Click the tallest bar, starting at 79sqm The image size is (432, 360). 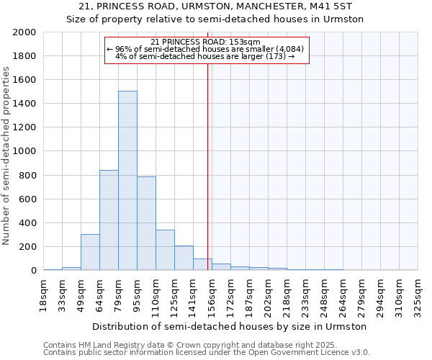127,181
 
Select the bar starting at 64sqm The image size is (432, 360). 109,220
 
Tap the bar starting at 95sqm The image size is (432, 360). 146,223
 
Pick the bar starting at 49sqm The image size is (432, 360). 90,252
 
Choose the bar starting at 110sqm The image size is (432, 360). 165,250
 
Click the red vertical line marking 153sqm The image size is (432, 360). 207,166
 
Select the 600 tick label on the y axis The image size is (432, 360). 28,199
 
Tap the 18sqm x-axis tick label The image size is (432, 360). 43,294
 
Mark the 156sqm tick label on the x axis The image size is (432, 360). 212,294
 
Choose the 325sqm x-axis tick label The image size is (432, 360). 418,294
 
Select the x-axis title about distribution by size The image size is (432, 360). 230,327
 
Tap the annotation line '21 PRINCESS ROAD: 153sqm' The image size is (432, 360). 206,42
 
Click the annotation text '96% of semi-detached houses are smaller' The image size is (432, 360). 205,49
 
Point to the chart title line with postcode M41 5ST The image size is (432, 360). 215,6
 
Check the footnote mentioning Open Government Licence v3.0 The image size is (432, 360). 207,353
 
